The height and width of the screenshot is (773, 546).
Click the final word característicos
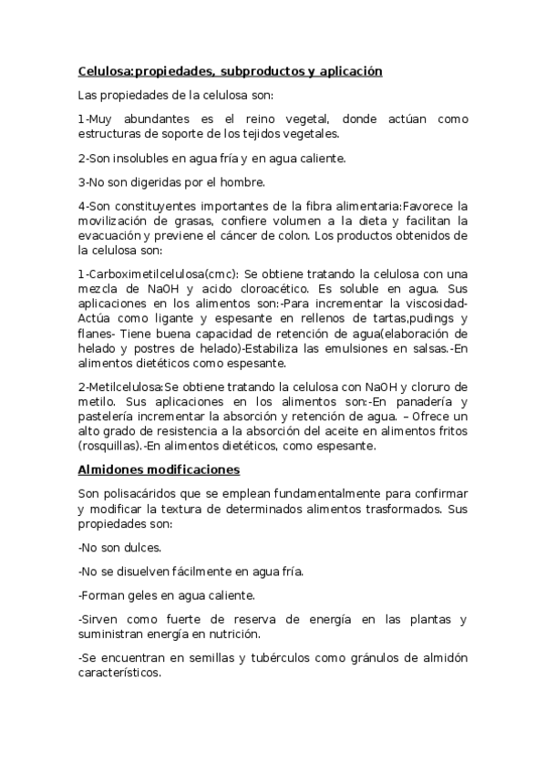[119, 673]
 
